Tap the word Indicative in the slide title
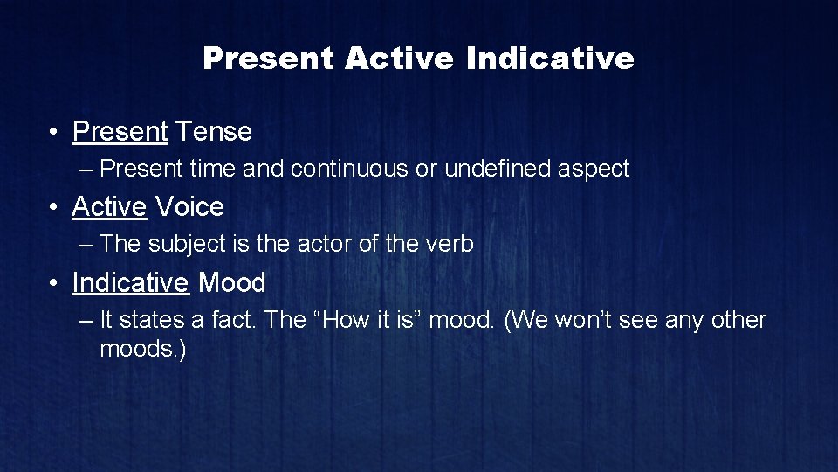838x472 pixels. pos(550,59)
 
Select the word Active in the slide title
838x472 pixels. pos(399,59)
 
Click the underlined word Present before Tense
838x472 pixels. pos(120,132)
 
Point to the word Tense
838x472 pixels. pos(213,132)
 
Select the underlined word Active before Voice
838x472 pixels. pos(109,207)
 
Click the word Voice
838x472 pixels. pos(189,207)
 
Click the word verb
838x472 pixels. pos(450,244)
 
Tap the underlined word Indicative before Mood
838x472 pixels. pos(130,282)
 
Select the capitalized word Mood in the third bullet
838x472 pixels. pos(232,282)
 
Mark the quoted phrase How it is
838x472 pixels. pos(371,320)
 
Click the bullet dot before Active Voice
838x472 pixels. pos(54,208)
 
